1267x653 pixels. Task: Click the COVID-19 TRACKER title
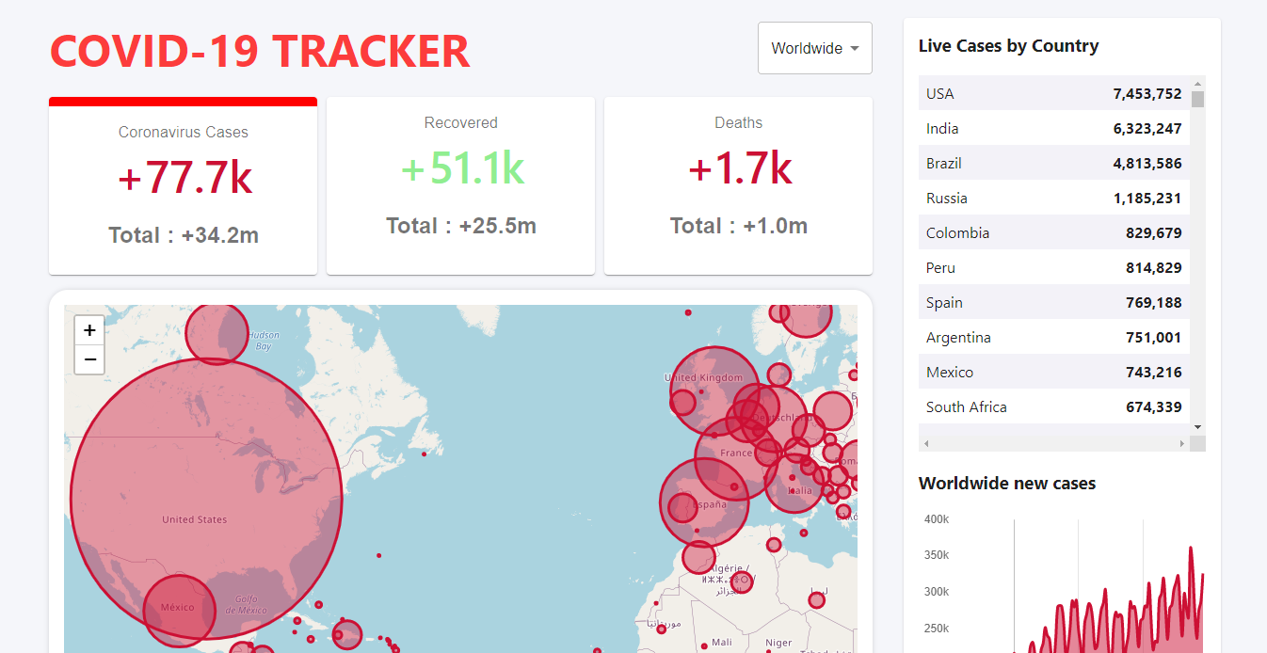260,51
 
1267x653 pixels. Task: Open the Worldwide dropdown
814,48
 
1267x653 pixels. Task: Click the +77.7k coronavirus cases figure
184,178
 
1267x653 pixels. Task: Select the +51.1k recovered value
461,168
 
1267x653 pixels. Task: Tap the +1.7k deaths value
739,168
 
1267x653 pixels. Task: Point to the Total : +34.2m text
184,235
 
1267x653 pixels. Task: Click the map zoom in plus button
89,330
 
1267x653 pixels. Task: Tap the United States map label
194,519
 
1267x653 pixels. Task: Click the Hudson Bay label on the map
264,341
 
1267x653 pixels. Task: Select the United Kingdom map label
703,378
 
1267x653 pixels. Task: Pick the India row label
942,128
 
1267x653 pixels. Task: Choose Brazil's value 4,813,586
1147,163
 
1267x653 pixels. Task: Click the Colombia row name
957,232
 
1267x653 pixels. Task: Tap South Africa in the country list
966,406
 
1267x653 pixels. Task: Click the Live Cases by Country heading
1008,46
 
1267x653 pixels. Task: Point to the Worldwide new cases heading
1006,484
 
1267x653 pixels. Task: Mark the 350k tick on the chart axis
936,555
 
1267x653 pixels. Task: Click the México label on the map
177,607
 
